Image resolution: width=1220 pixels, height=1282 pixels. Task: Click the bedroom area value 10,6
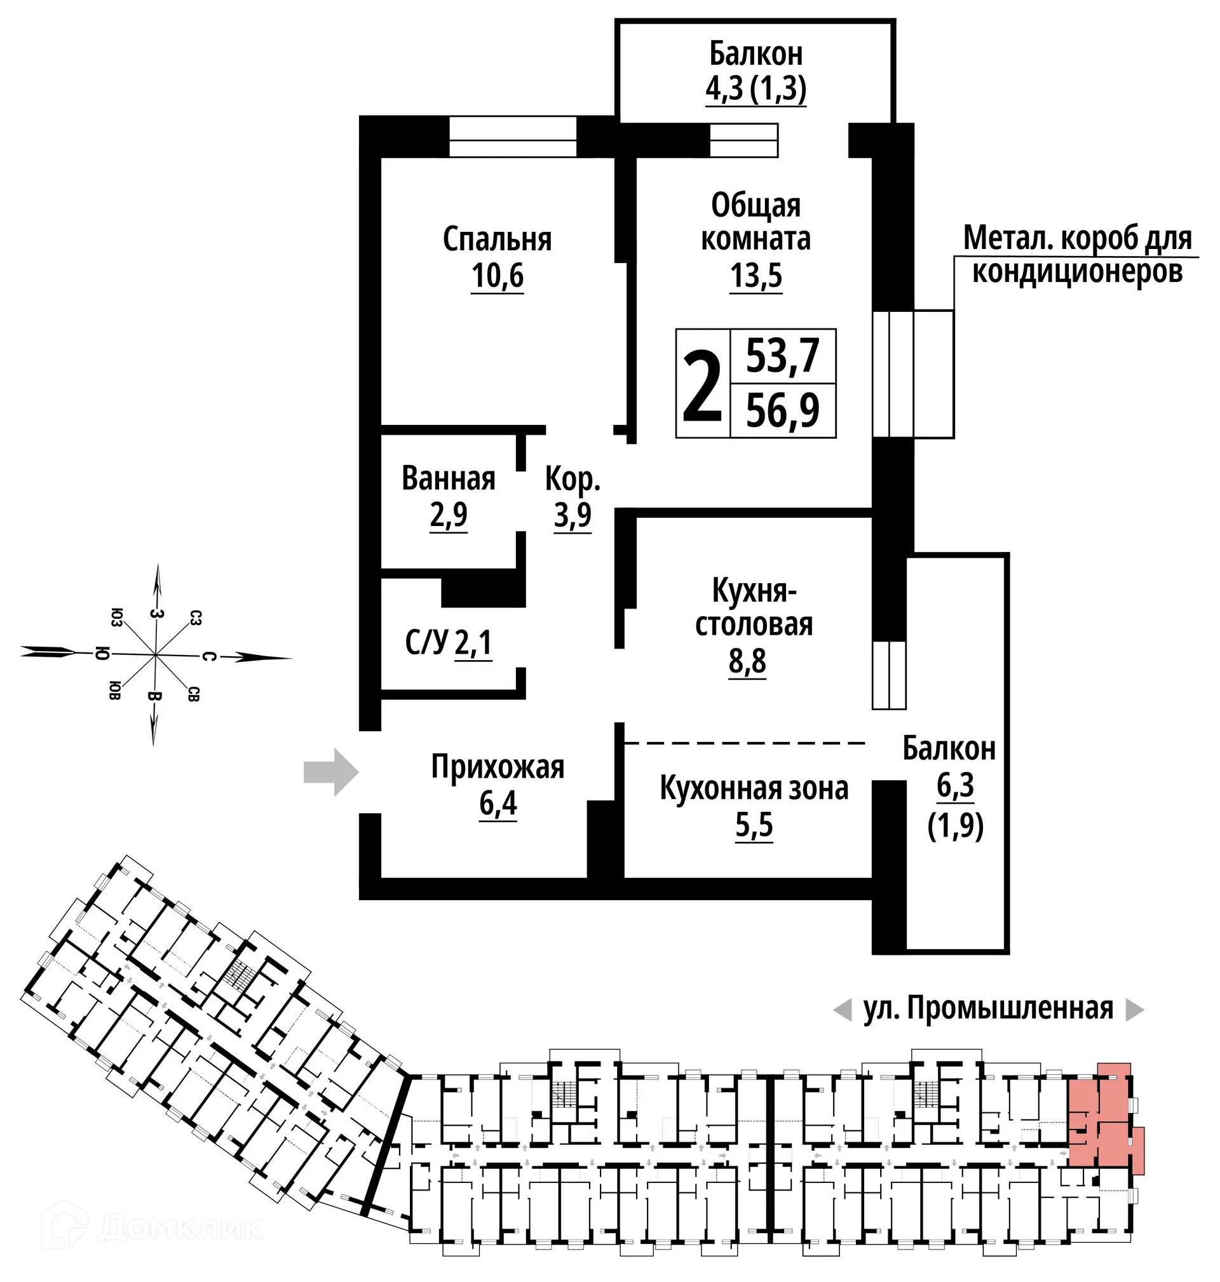[x=498, y=276]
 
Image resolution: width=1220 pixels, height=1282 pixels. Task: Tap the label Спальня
[x=498, y=240]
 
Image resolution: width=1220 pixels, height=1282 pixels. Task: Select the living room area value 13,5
[x=756, y=276]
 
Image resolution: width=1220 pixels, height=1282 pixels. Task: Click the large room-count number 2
[x=702, y=385]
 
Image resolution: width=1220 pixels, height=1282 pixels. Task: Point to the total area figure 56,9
[x=782, y=410]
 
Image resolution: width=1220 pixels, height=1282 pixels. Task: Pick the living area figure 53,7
[x=782, y=356]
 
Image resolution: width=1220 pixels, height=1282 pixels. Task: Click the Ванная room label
[x=449, y=478]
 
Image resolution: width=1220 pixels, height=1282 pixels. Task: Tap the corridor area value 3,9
[x=573, y=515]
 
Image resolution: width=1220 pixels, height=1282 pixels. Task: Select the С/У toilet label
[x=426, y=643]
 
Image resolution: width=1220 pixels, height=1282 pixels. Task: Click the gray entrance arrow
[x=331, y=773]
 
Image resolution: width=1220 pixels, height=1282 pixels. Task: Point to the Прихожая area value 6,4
[x=498, y=804]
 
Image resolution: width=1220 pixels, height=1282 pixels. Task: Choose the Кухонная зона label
[x=754, y=788]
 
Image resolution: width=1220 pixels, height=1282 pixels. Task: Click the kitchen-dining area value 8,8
[x=747, y=662]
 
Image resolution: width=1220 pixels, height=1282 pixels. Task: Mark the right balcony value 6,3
[x=955, y=785]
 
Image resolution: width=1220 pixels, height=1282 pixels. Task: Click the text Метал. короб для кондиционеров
[x=1078, y=255]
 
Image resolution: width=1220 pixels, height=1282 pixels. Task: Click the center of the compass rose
[x=155, y=654]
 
